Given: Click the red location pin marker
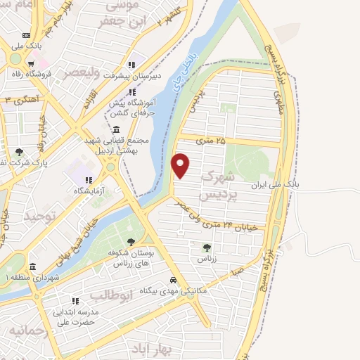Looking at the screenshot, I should coord(181,165).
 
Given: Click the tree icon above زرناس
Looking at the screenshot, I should coord(206,247).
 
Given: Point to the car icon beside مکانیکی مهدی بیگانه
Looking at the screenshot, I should coord(182,280).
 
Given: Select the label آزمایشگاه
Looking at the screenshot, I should coord(91,190).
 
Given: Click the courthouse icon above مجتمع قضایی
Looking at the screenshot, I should coord(115,129).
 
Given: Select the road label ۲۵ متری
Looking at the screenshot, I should coord(213,141).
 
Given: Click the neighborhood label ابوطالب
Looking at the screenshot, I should coord(112,295).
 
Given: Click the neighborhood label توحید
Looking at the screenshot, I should coord(38,215).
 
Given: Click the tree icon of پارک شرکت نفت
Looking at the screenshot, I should coord(19,151).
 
